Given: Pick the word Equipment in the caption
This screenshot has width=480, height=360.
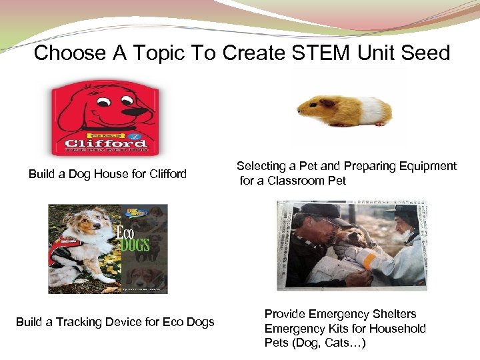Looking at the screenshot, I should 426,166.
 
